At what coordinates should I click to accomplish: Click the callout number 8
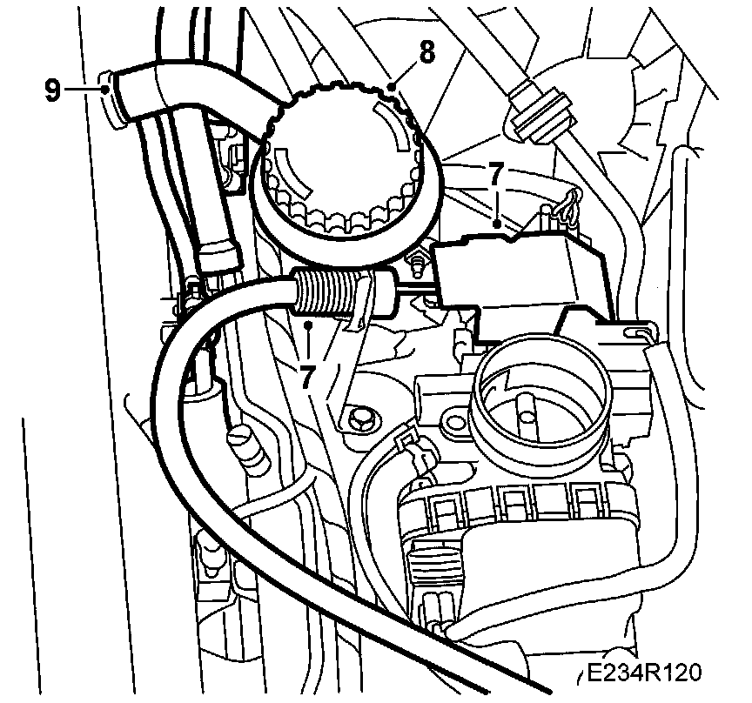[x=426, y=52]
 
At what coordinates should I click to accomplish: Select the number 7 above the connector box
[x=495, y=174]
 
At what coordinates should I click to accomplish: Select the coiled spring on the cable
[x=326, y=289]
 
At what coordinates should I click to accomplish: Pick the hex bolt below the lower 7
[x=359, y=422]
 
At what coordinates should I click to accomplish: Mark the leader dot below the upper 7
[x=496, y=224]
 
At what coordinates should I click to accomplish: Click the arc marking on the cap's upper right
[x=397, y=126]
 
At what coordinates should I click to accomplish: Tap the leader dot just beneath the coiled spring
[x=310, y=325]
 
